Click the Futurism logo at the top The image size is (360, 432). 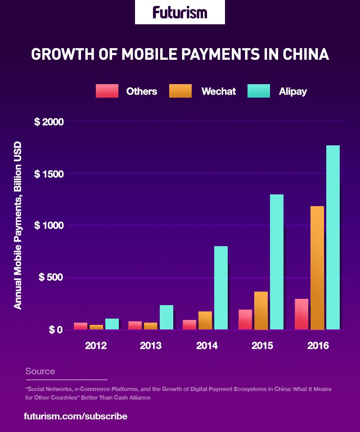[x=180, y=12]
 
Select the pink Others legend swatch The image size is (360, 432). [x=107, y=91]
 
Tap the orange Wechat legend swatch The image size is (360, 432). [x=180, y=91]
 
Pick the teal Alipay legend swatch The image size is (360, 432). [x=259, y=91]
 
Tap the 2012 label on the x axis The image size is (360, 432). [x=96, y=346]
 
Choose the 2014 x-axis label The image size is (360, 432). [x=207, y=346]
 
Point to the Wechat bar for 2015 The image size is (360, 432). [x=261, y=310]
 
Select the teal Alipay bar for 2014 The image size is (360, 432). [x=221, y=288]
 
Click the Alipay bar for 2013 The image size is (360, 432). [x=166, y=317]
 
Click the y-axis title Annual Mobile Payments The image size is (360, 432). [x=18, y=225]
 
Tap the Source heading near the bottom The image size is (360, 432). [x=40, y=371]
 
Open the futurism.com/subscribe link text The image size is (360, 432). [x=76, y=416]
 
